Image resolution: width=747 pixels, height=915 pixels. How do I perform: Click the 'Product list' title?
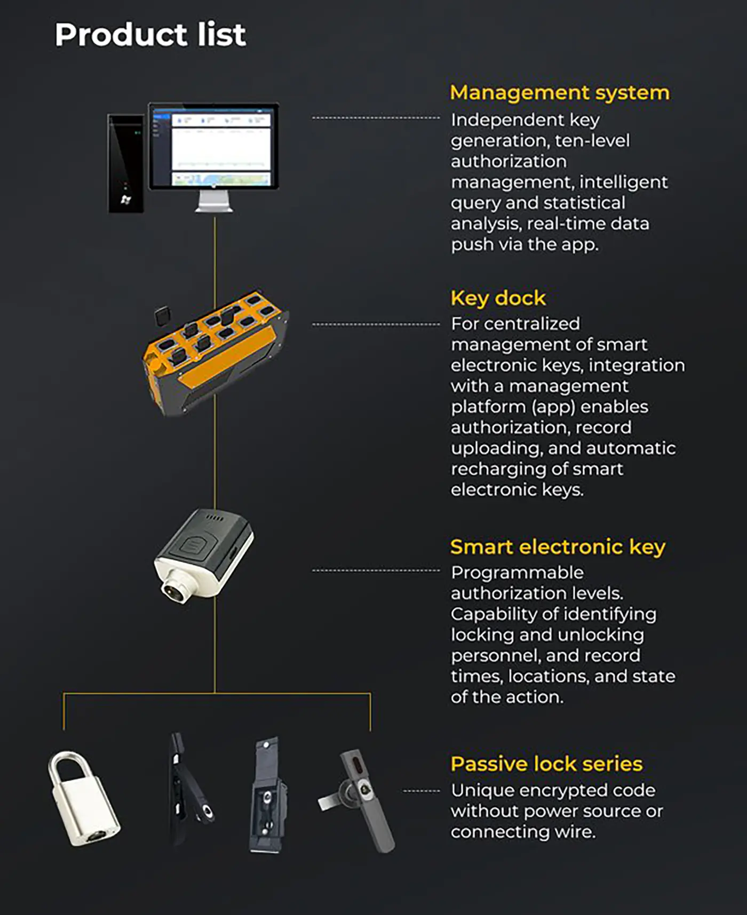(150, 35)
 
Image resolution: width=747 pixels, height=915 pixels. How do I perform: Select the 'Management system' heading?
(560, 93)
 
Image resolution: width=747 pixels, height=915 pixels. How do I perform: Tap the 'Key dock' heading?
(498, 298)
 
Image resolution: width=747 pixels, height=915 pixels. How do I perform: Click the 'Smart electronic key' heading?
(558, 547)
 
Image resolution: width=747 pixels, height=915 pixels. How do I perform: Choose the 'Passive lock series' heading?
(546, 764)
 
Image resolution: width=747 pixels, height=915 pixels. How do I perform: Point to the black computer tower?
(126, 163)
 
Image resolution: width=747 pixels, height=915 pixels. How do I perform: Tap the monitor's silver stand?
(214, 202)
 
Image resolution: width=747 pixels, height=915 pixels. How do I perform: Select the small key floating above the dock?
(162, 316)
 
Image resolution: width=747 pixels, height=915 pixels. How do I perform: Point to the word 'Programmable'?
(517, 573)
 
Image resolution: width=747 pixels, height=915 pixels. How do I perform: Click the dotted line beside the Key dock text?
(376, 324)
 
